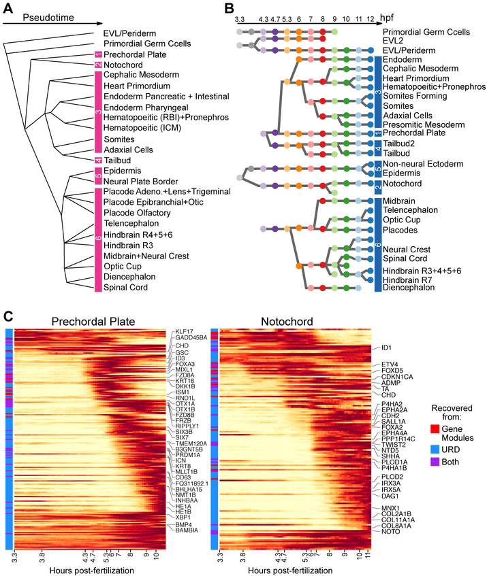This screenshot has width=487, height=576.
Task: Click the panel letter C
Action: [7, 316]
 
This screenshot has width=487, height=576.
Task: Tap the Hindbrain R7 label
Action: [408, 279]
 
